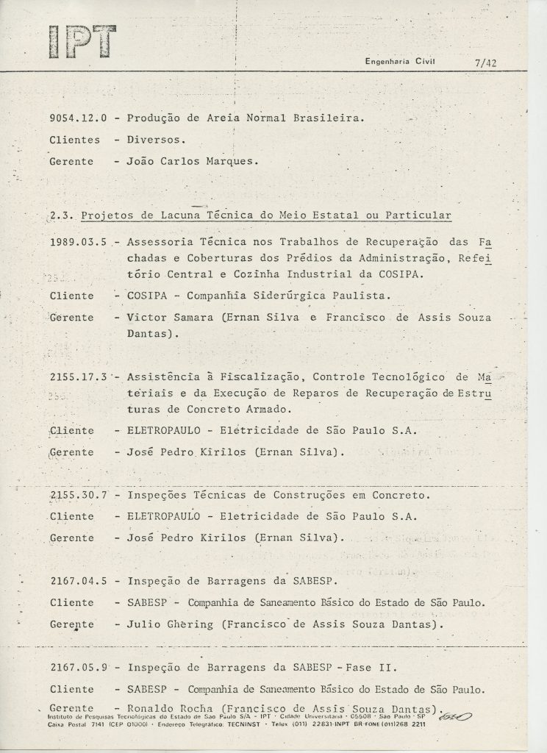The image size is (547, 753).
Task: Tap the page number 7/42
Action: (487, 63)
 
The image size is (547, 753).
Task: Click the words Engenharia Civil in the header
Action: (401, 62)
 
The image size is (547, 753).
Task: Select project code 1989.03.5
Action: (80, 243)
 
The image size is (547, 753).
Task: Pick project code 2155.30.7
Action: (79, 495)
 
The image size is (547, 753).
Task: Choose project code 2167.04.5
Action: (79, 581)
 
